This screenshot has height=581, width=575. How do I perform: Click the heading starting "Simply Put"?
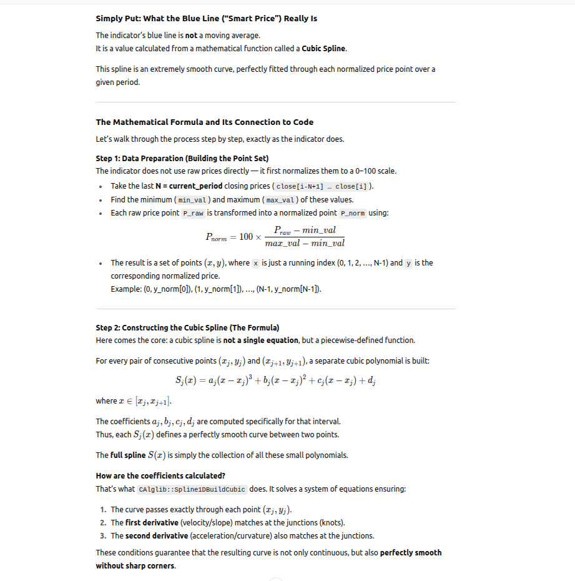pyautogui.click(x=206, y=18)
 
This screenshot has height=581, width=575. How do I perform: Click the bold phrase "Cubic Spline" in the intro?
pyautogui.click(x=324, y=49)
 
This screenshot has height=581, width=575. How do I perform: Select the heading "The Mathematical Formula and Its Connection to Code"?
pyautogui.click(x=204, y=122)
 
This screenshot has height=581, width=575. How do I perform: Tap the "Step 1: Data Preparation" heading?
pyautogui.click(x=182, y=158)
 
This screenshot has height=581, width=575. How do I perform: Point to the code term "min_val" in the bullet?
pyautogui.click(x=193, y=200)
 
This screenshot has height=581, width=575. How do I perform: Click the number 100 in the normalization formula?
pyautogui.click(x=247, y=237)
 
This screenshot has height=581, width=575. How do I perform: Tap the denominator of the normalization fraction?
pyautogui.click(x=305, y=243)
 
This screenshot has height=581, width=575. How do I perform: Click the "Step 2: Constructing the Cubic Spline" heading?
pyautogui.click(x=187, y=327)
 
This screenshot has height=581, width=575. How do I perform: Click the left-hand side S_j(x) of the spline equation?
pyautogui.click(x=190, y=380)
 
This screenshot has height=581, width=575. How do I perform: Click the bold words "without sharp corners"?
pyautogui.click(x=135, y=566)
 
